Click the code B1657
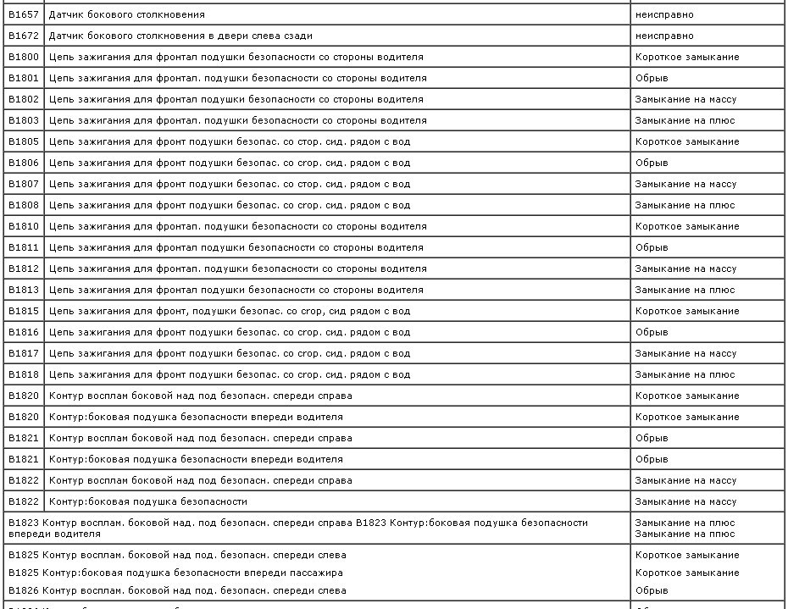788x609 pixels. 24,14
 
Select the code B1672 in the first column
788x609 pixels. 24,36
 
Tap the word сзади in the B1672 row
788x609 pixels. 297,36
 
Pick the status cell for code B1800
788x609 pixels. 687,57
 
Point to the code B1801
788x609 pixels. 24,78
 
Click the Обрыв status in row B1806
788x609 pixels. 652,163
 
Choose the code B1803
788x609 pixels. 24,120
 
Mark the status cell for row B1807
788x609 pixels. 685,184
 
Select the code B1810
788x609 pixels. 24,226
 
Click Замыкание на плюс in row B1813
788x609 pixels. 685,290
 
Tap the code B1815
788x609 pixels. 24,311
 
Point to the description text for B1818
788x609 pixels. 230,374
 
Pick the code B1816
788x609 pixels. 24,332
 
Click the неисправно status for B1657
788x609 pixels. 664,14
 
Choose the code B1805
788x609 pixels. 24,141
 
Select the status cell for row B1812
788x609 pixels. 685,269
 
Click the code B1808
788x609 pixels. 24,205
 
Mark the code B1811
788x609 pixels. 24,247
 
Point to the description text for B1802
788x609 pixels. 236,99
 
